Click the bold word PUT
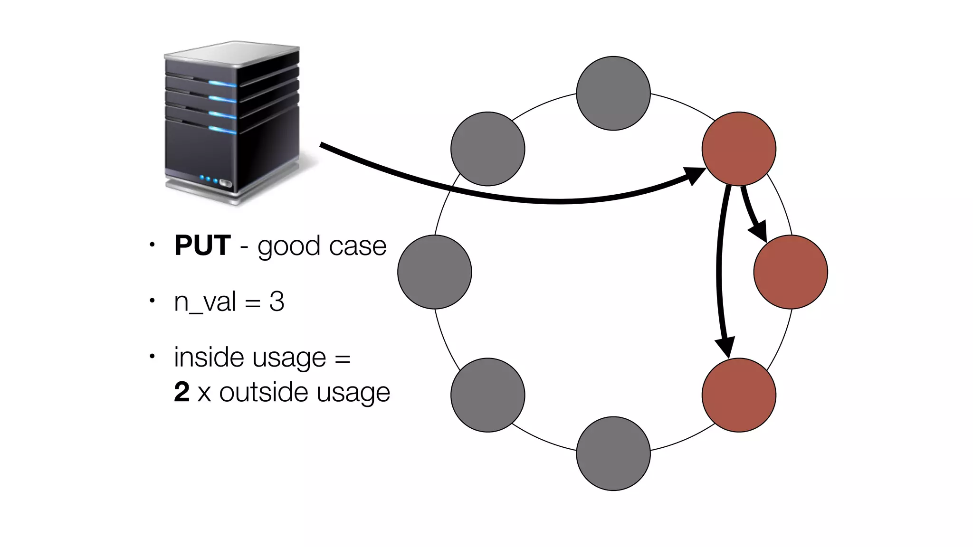[x=202, y=245]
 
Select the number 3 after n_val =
[x=277, y=302]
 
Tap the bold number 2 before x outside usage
[x=182, y=392]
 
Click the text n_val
[x=205, y=302]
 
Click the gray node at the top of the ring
[x=613, y=94]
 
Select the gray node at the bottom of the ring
[x=613, y=453]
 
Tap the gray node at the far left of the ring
[x=435, y=272]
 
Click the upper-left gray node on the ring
[x=487, y=149]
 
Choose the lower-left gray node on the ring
[x=487, y=395]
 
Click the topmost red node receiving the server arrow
[x=739, y=149]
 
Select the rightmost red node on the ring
[x=791, y=272]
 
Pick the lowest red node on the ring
[x=739, y=395]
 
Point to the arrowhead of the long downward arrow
[x=726, y=348]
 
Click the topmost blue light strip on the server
[x=222, y=84]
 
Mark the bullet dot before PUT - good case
[x=152, y=245]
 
